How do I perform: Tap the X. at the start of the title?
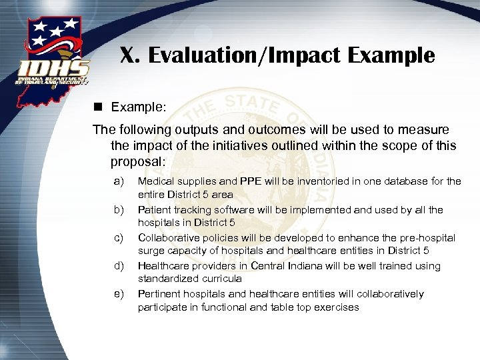coord(130,55)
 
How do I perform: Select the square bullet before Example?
coord(99,107)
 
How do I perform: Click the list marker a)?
coord(119,181)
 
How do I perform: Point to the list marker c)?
coord(119,237)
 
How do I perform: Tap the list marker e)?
coord(119,293)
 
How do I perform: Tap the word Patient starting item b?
coord(154,209)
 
